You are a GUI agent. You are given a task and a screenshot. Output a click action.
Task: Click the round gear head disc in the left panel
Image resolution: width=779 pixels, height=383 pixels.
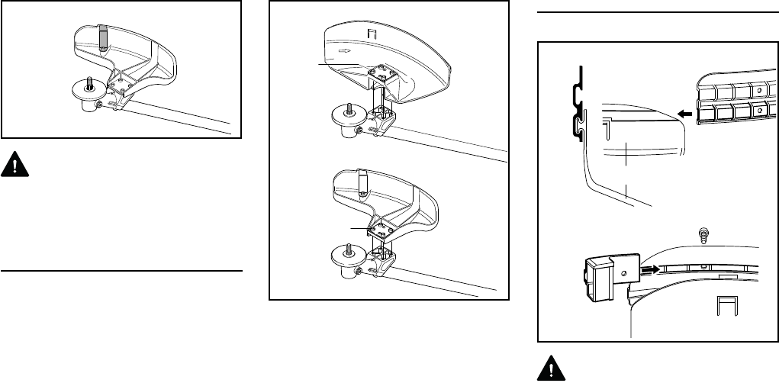89,89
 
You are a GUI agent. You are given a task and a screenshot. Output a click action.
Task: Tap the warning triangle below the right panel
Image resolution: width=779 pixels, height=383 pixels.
550,368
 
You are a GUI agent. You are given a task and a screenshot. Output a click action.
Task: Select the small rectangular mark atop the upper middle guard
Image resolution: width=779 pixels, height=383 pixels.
373,35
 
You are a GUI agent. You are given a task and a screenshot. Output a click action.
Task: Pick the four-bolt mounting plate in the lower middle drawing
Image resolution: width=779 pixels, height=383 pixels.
382,226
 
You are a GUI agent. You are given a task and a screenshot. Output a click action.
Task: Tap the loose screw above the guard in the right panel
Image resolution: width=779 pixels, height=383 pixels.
703,232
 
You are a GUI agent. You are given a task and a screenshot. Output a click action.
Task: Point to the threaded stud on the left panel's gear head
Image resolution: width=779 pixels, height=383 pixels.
90,80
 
